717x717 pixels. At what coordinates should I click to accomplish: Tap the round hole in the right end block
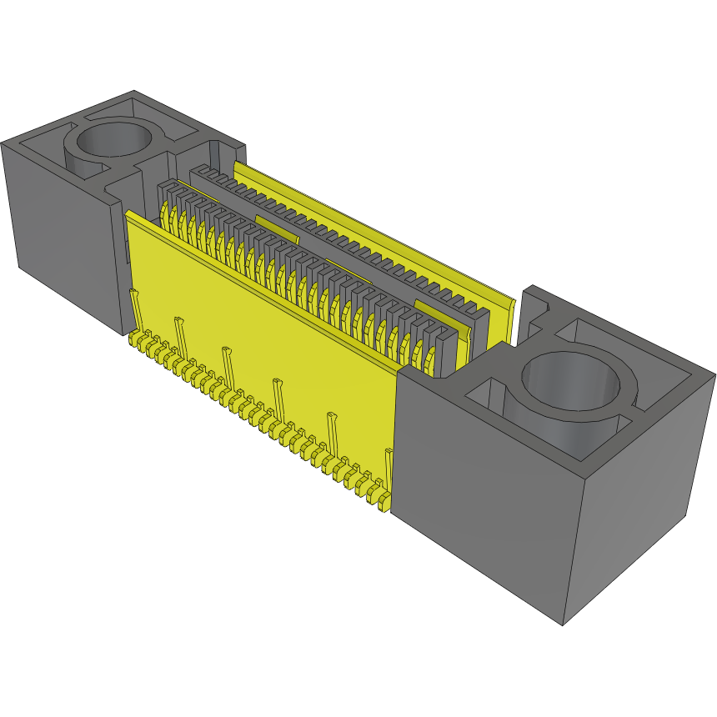click(572, 379)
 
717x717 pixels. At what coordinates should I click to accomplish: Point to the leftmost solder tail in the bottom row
click(133, 340)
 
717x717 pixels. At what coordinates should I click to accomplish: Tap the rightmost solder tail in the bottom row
click(383, 501)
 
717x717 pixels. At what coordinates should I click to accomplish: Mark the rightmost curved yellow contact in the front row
click(430, 359)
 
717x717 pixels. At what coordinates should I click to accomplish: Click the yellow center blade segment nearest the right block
click(434, 313)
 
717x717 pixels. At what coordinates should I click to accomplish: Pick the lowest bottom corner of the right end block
click(564, 624)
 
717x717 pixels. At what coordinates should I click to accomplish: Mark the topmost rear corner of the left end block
click(134, 92)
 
